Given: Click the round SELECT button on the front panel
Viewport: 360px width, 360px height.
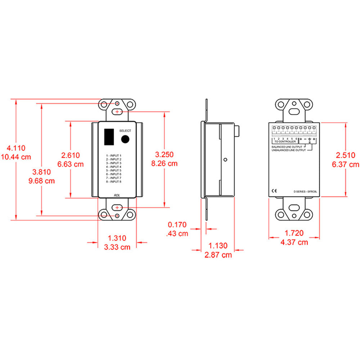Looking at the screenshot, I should (125, 139).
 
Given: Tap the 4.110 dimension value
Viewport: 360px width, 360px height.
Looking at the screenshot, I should (15, 148).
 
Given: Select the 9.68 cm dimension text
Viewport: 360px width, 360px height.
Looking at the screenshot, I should (41, 181).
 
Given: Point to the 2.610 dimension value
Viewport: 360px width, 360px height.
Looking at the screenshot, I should (70, 155).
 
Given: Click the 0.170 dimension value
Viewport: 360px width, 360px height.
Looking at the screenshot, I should (177, 225).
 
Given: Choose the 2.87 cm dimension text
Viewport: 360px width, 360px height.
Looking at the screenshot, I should (218, 255).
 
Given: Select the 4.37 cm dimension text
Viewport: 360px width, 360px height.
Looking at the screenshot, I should (294, 242).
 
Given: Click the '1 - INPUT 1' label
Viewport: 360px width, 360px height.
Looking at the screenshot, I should (113, 155).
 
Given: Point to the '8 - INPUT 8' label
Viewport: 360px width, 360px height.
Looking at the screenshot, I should (113, 182).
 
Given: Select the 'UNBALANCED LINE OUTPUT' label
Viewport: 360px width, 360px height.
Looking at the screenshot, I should (288, 150).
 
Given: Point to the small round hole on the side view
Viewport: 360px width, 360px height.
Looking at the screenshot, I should (225, 160).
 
